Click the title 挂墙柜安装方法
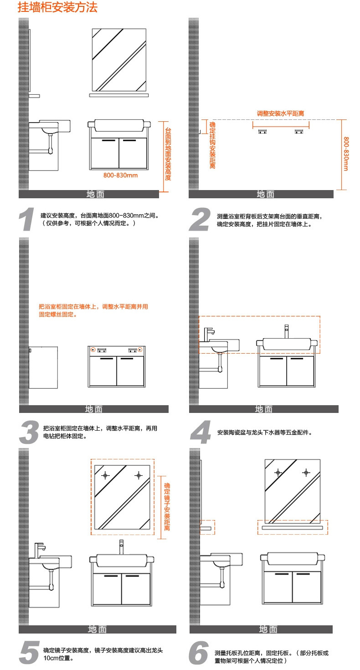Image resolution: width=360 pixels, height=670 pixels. [57, 8]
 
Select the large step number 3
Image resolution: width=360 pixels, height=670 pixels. [29, 432]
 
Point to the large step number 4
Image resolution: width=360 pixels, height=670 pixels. [201, 432]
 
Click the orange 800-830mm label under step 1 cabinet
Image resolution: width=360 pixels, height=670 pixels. [120, 175]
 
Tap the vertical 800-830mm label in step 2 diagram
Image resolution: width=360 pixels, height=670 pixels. [346, 154]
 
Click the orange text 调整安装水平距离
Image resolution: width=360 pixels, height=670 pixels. [281, 113]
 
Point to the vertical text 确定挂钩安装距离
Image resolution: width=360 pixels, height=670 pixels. [212, 145]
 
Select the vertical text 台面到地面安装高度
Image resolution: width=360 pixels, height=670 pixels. [168, 154]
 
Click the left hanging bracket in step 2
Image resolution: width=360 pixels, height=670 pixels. [263, 132]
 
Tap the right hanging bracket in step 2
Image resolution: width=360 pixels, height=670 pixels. [299, 132]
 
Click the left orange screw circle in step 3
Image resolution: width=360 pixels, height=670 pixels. [93, 350]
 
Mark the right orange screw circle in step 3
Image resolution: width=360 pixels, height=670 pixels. [140, 350]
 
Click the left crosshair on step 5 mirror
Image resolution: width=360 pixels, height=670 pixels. [106, 475]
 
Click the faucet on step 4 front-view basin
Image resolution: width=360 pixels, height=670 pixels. [287, 330]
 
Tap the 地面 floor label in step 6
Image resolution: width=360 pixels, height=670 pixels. [268, 629]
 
